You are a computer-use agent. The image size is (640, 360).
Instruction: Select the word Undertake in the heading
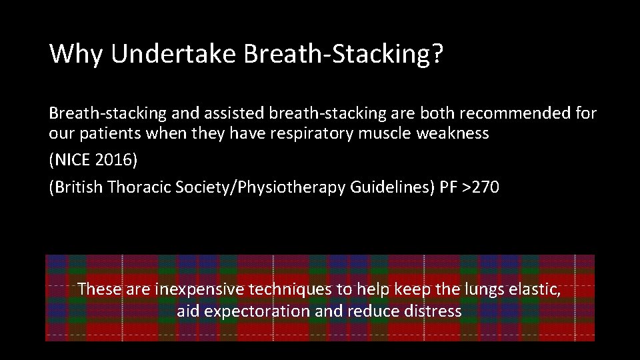tap(173, 54)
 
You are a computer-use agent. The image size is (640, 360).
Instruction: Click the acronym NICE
tap(73, 161)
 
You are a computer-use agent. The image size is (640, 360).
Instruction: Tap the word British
tap(79, 189)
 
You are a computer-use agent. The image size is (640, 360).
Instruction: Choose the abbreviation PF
tap(447, 189)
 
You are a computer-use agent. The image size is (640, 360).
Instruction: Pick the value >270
tap(480, 189)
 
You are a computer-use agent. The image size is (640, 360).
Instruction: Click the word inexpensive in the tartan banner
tap(199, 290)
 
